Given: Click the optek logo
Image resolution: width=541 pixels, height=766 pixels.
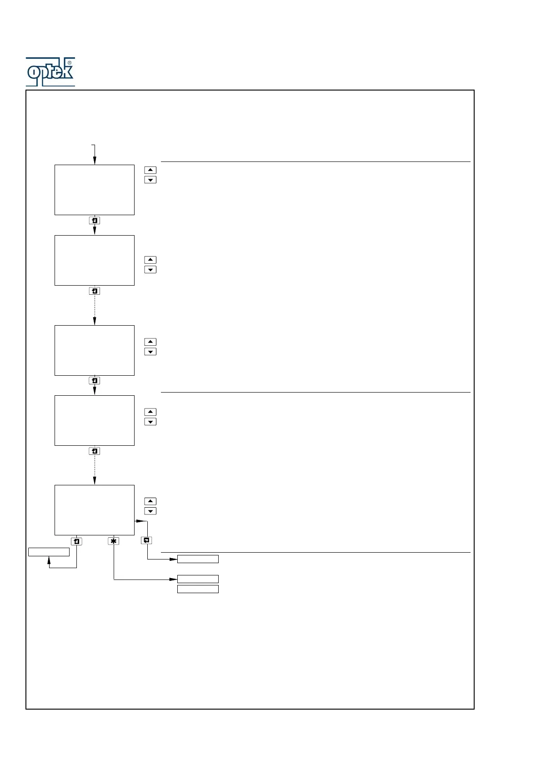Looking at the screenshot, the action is click(50, 72).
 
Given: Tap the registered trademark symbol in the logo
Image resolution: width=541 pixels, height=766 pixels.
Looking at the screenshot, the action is click(70, 63).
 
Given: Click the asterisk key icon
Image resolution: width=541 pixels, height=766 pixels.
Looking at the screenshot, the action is click(114, 541).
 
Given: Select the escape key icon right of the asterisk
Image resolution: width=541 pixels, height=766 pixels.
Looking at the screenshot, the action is click(146, 540).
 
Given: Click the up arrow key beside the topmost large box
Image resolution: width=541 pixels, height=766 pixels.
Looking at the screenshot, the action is click(150, 170).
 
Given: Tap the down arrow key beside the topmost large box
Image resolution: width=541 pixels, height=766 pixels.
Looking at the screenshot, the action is click(150, 180).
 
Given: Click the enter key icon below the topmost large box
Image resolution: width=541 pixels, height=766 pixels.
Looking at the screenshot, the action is click(95, 221).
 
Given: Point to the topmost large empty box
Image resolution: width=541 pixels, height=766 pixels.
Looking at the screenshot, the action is click(95, 190).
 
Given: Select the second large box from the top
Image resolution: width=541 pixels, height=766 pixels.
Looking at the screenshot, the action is click(95, 260).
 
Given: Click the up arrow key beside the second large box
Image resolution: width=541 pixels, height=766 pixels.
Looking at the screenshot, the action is click(150, 260).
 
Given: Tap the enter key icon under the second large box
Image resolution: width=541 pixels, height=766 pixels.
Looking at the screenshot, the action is click(95, 291).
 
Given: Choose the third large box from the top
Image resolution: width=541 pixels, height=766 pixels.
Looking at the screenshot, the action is click(95, 350).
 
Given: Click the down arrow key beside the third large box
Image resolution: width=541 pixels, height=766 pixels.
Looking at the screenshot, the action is click(150, 352).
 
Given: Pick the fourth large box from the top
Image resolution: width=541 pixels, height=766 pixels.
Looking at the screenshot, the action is click(95, 420).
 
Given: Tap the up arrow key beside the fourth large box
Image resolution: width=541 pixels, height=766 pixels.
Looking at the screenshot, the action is click(150, 412).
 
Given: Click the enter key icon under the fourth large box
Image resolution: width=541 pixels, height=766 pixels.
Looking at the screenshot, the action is click(95, 451).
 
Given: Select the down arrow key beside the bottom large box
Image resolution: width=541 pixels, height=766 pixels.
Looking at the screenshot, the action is click(150, 511).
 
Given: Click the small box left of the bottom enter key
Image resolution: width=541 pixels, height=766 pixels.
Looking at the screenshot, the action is click(49, 552).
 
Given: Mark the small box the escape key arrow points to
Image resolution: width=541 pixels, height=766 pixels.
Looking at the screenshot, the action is click(198, 559).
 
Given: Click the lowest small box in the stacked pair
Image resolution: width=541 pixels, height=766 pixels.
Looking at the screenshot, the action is click(198, 589).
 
